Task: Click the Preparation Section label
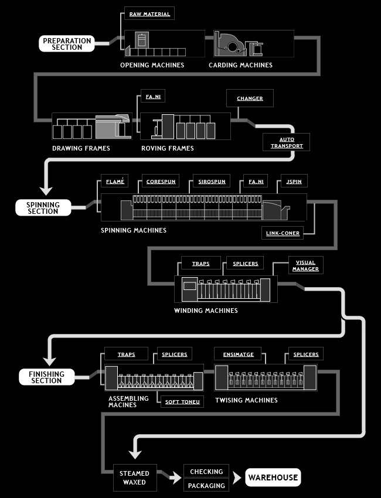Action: click(67, 43)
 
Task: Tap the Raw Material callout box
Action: click(149, 13)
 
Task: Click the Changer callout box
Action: click(250, 98)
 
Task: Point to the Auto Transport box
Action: click(286, 142)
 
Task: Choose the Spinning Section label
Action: click(43, 208)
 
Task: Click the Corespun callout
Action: click(161, 181)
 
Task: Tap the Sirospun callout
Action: click(212, 181)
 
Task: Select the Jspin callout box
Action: click(294, 181)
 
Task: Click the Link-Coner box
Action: click(283, 233)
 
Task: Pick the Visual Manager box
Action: click(306, 265)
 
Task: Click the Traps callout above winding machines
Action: click(201, 263)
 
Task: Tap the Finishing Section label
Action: click(47, 377)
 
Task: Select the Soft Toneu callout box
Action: click(182, 401)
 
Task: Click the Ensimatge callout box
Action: click(238, 354)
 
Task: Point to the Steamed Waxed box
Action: click(135, 477)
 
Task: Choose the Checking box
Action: click(206, 471)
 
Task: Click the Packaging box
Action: click(206, 485)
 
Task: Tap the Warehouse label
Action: click(273, 477)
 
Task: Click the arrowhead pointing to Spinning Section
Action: click(46, 190)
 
